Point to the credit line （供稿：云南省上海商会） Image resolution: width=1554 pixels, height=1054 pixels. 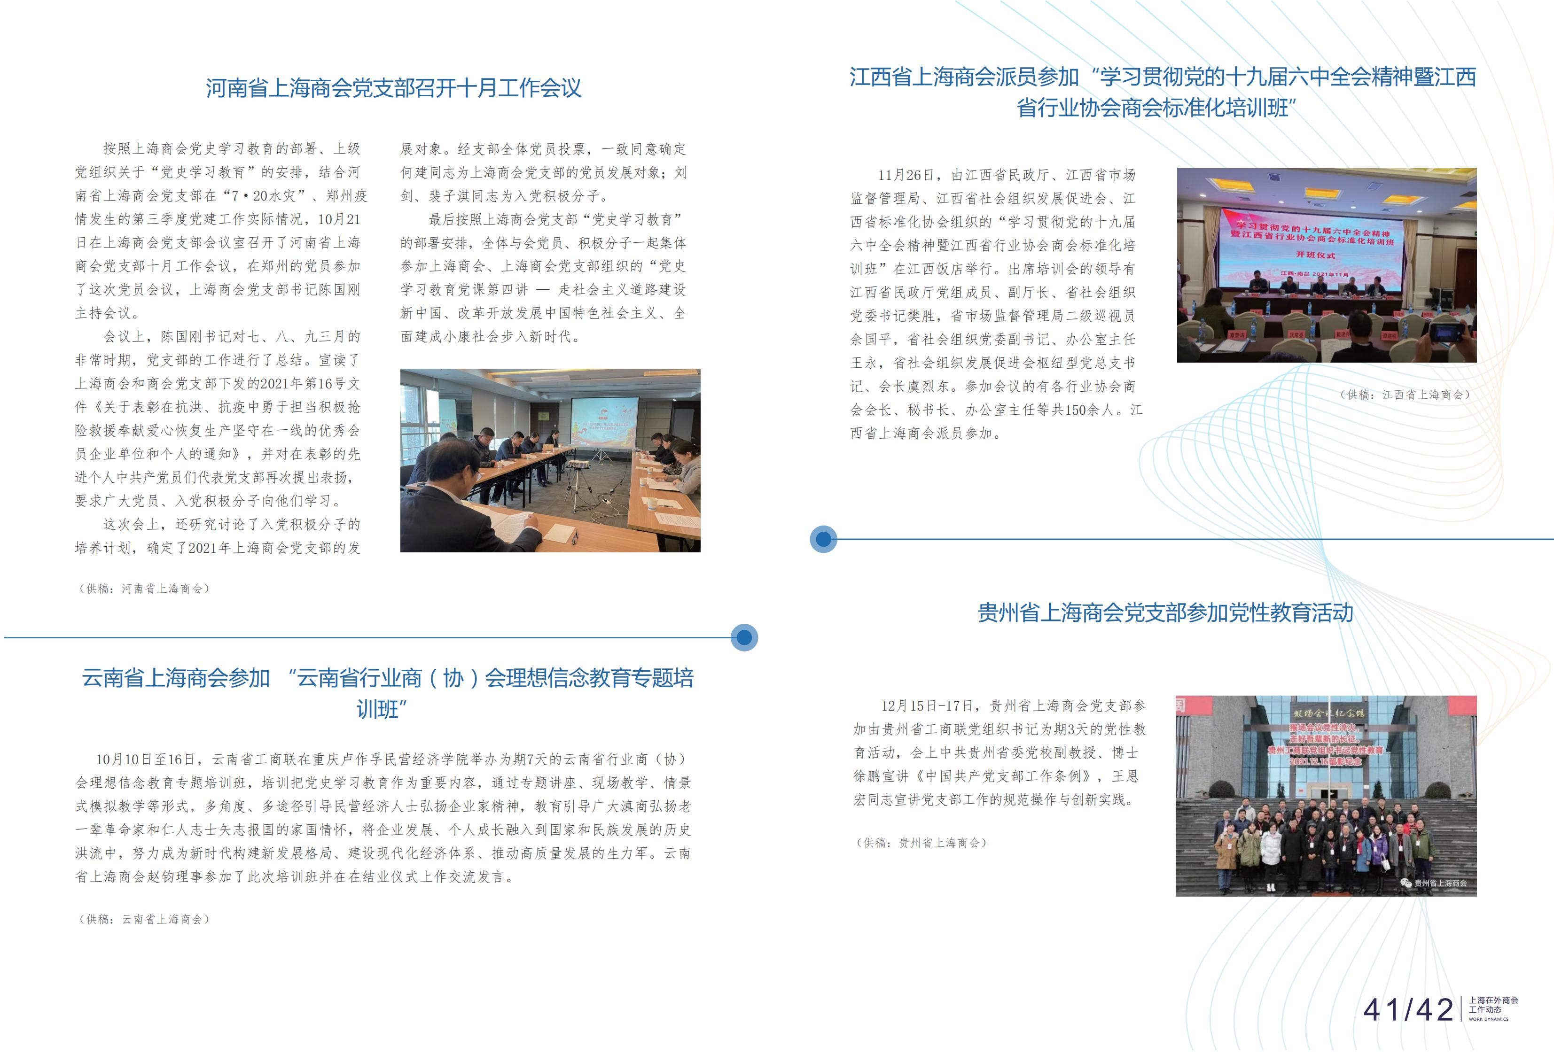coord(144,920)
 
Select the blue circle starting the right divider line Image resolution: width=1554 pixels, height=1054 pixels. coord(823,539)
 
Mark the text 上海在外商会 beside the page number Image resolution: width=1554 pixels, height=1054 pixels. coord(1493,1000)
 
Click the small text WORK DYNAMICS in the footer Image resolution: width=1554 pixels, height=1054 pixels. coord(1489,1019)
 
